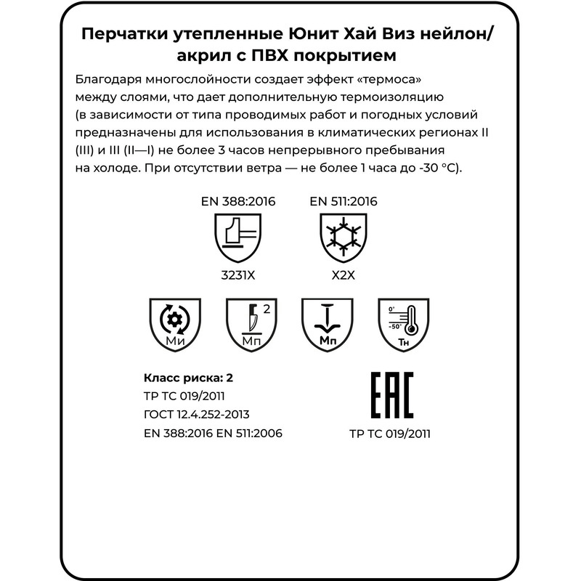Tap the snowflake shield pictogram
tap(343, 238)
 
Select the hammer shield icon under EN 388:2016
tap(237, 238)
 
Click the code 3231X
tap(237, 276)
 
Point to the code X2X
tap(343, 276)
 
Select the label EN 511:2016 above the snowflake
tap(344, 201)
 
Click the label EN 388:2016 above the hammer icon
tap(237, 201)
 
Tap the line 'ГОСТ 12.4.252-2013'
tap(198, 415)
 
